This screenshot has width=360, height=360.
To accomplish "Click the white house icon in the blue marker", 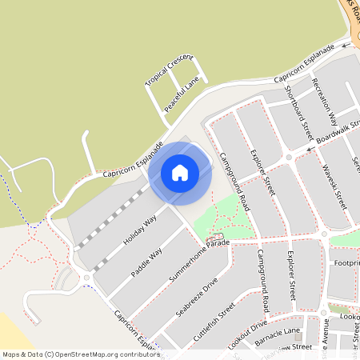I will coord(180,173).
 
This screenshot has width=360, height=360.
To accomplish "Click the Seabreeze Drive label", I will coord(194,295).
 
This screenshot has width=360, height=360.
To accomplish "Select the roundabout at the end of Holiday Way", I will coord(86,279).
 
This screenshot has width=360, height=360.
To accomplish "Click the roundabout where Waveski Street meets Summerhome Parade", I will coord(323,234).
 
